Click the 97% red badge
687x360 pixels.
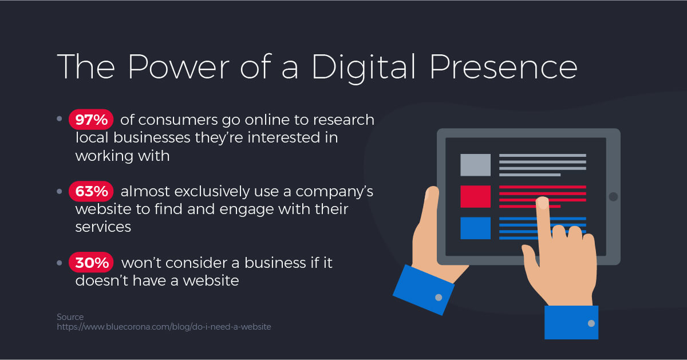91,120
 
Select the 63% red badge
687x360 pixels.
91,192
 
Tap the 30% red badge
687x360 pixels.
91,263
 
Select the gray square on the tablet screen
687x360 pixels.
475,165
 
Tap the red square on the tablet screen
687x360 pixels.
475,196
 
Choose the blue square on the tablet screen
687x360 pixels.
475,228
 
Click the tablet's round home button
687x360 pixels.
613,197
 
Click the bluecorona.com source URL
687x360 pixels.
164,327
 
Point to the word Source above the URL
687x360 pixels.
70,317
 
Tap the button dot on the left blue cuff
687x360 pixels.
439,297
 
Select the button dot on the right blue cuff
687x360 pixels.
591,323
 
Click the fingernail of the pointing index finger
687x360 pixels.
541,203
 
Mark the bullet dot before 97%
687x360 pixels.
60,120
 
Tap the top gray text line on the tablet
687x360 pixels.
542,155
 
